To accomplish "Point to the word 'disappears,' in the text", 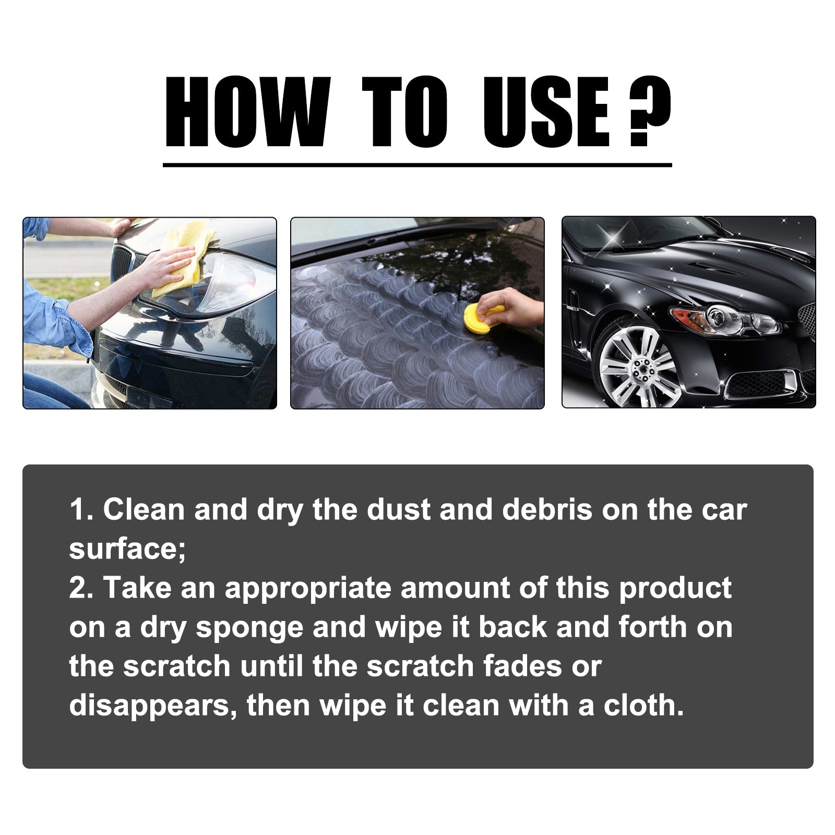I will [153, 706].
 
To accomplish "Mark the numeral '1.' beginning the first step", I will [81, 509].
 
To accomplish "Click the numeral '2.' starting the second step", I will [81, 588].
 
